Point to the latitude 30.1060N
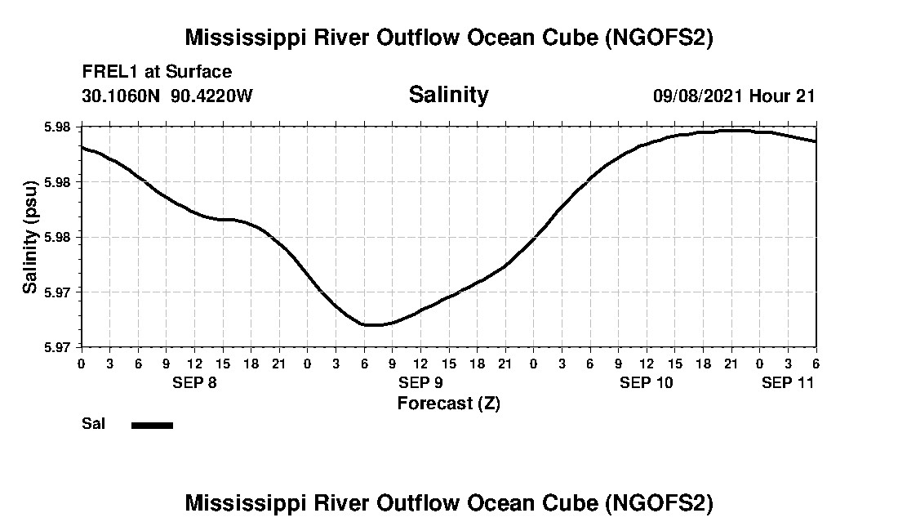(122, 96)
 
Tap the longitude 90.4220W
(211, 96)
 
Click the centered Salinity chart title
(448, 95)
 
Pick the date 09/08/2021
(698, 96)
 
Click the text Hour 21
(782, 96)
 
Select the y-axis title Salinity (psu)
(30, 237)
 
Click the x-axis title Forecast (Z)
(448, 403)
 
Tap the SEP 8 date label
(194, 382)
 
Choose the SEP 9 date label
(420, 382)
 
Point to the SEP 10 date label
(647, 382)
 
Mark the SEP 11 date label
(788, 382)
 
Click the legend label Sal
(91, 424)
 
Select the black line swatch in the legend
(152, 425)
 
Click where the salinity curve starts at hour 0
(82, 147)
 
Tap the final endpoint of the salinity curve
(816, 141)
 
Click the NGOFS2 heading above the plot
(448, 38)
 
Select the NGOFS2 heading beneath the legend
(448, 502)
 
